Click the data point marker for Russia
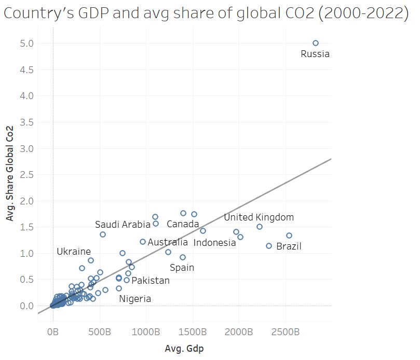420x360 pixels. click(316, 43)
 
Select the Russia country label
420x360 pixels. click(315, 53)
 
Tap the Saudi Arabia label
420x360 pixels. click(123, 225)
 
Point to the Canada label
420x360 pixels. click(183, 224)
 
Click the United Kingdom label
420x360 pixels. click(259, 217)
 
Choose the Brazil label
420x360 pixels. click(289, 246)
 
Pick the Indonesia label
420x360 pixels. click(214, 243)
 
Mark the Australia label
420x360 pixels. click(168, 242)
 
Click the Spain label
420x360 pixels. click(182, 268)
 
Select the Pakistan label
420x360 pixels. click(151, 281)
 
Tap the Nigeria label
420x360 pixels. click(135, 299)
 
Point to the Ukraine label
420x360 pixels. click(74, 252)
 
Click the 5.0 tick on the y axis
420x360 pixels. click(28, 43)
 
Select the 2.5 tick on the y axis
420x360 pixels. click(28, 174)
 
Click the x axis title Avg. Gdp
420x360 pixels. click(184, 349)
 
